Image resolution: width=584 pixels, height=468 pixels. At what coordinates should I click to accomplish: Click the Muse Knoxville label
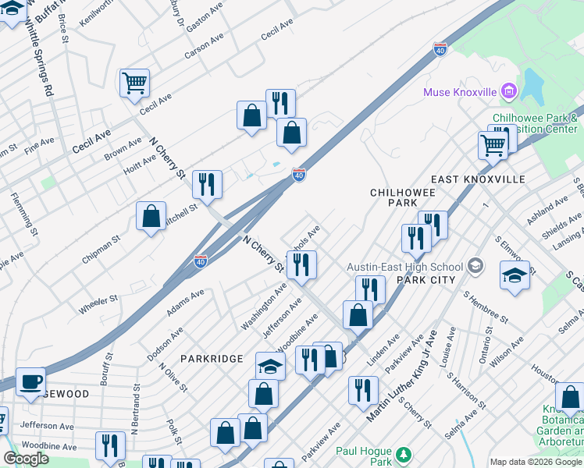[460, 92]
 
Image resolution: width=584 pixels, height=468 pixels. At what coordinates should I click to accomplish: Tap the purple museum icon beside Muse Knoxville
[509, 91]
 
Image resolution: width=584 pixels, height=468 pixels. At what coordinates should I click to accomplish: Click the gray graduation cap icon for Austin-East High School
[475, 267]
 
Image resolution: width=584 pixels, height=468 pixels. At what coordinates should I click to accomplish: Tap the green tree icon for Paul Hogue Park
[403, 454]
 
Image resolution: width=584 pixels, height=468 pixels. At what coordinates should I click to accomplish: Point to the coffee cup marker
[30, 381]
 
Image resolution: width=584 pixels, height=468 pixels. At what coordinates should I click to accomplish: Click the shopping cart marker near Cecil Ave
[135, 82]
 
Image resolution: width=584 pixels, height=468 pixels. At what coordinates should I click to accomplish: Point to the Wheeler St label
[98, 304]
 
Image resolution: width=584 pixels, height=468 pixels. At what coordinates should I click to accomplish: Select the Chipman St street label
[102, 247]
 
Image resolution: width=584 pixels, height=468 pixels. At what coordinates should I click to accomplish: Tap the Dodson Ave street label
[166, 343]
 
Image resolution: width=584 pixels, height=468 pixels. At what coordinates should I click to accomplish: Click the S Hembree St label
[485, 307]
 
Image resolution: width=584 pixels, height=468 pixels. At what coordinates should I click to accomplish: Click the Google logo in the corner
[27, 459]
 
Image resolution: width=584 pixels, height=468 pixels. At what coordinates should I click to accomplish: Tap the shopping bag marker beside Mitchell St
[151, 216]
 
